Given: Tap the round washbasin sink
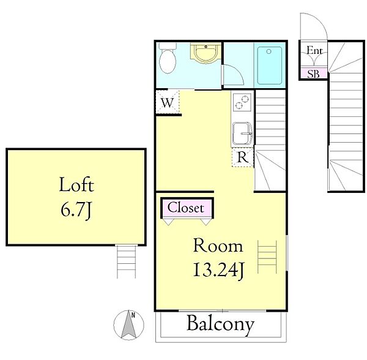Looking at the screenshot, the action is [x=206, y=53].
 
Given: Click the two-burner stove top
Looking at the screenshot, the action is [x=242, y=102].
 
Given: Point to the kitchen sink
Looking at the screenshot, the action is [x=242, y=133].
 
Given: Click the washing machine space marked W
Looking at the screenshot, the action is [x=168, y=102].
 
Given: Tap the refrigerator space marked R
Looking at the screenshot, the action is [x=242, y=157].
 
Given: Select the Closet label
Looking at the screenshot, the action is [x=185, y=208].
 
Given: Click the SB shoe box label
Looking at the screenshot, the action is [x=313, y=74].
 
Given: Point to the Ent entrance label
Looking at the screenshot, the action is [x=314, y=50].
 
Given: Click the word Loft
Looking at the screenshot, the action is [x=76, y=185].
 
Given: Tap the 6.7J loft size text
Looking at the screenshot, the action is [x=75, y=209].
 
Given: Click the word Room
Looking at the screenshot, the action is [x=218, y=246].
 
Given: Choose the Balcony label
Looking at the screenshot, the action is [x=220, y=324].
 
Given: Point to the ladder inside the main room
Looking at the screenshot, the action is [x=267, y=257].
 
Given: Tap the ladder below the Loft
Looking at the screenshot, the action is [x=127, y=261].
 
